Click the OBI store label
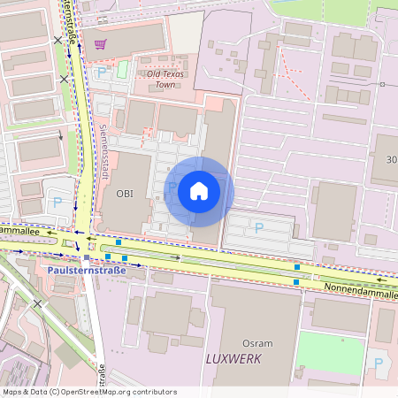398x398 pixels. coord(125,194)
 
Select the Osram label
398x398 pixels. coord(258,342)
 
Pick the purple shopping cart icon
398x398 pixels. coord(101,44)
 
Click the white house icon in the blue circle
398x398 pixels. coord(199,191)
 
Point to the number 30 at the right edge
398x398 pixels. coord(392,160)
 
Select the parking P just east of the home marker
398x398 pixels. coord(258,228)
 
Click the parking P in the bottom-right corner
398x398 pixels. coord(378,364)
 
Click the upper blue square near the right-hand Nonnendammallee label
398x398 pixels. coord(297,266)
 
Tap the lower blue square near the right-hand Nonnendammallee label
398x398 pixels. coord(295,281)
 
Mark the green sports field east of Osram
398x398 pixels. coord(329,352)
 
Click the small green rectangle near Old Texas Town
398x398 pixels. coord(123,68)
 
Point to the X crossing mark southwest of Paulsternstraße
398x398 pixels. coord(37,303)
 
